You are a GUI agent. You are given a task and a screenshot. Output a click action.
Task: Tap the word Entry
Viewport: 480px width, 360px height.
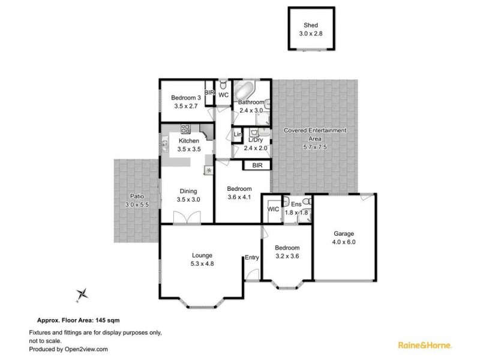pyautogui.click(x=251, y=258)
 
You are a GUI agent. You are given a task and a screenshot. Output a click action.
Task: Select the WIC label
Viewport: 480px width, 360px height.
pyautogui.click(x=273, y=209)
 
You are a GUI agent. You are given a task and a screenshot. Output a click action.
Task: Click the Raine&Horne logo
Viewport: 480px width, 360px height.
pyautogui.click(x=425, y=345)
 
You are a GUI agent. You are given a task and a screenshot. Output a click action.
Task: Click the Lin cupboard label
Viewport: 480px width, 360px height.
pyautogui.click(x=238, y=135)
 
